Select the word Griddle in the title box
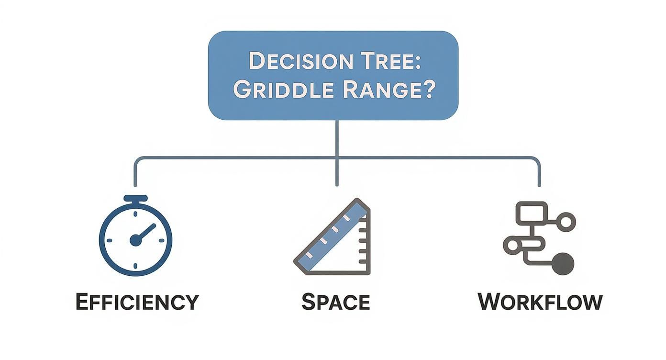pos(286,90)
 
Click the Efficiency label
pos(137,302)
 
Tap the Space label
pos(335,302)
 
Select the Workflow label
pos(540,302)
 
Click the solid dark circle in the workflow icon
pos(563,264)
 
